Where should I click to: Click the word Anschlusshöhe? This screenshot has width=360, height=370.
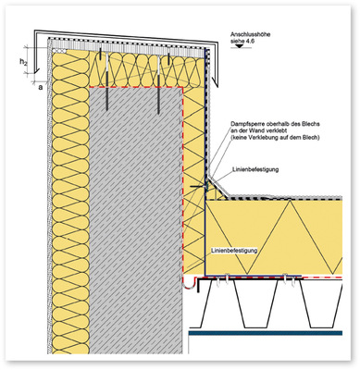point(251,34)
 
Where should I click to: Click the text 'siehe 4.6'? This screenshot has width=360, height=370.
point(241,41)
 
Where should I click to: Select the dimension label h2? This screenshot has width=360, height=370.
point(23,62)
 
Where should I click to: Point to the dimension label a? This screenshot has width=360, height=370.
point(40,88)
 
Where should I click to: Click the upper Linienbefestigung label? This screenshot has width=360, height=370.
point(255,169)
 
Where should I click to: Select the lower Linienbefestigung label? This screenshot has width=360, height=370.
point(234,251)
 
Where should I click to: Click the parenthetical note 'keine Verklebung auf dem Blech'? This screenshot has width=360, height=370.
point(275,138)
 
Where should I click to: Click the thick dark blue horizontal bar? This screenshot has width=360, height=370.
point(266,333)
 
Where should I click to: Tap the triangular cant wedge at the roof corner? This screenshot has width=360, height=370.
point(215,192)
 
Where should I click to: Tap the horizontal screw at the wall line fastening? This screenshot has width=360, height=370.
point(197,187)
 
